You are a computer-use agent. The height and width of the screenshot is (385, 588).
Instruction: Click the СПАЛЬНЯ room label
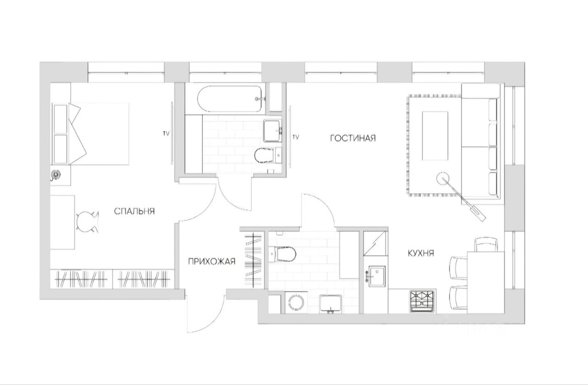(x=135, y=211)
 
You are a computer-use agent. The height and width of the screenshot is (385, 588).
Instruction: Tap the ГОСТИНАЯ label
(x=353, y=138)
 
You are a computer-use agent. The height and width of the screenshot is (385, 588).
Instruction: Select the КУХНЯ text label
(x=421, y=254)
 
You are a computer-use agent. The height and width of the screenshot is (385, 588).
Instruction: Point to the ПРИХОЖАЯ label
(x=212, y=261)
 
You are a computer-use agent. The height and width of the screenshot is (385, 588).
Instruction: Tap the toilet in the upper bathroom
(x=268, y=155)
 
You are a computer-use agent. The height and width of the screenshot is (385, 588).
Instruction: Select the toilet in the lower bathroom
(x=283, y=254)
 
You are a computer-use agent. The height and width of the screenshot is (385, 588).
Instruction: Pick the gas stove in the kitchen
(x=422, y=301)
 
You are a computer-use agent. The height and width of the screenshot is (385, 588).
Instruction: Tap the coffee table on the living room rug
(x=435, y=136)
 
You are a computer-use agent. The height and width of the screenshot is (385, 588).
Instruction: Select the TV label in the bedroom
(x=166, y=133)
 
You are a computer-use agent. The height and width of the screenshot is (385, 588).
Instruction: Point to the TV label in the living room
(x=295, y=137)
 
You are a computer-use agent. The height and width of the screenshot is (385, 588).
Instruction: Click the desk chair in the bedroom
(x=87, y=222)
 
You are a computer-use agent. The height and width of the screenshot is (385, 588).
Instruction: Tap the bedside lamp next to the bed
(x=56, y=175)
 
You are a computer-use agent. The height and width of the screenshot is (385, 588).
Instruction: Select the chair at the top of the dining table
(x=486, y=244)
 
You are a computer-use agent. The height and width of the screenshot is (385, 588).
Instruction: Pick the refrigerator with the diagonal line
(x=376, y=243)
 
